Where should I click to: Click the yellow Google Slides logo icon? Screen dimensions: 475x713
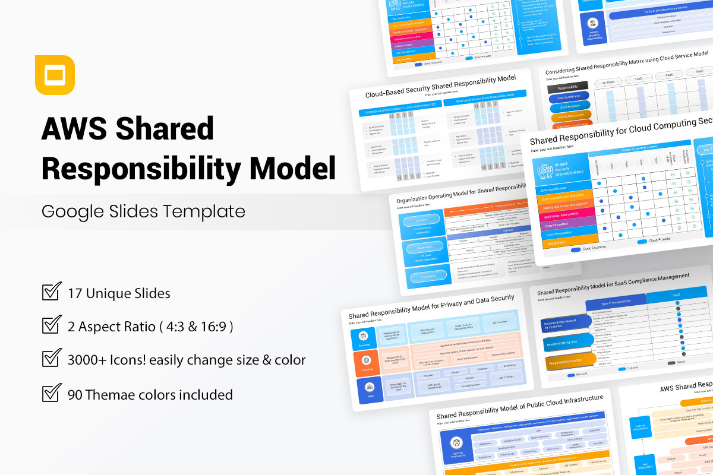click(x=55, y=75)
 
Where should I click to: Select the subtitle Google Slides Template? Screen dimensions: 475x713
click(x=143, y=211)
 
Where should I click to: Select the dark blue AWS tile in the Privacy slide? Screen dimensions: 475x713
click(x=370, y=389)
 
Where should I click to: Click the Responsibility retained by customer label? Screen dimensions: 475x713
click(x=561, y=324)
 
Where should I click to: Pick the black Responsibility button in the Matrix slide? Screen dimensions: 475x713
click(x=567, y=87)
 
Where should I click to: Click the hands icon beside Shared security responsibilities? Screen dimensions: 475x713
click(x=545, y=170)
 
